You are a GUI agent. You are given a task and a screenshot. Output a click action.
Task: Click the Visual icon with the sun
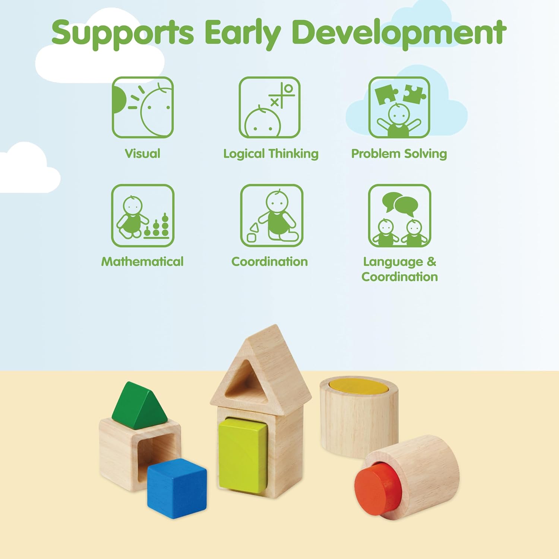click(x=143, y=107)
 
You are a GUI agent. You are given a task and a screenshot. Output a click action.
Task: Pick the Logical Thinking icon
click(x=269, y=107)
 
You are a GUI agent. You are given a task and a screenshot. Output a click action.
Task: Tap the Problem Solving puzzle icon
click(x=399, y=107)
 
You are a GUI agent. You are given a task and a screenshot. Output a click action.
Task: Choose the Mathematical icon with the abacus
click(x=143, y=215)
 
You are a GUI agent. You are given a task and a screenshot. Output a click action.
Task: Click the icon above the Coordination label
click(x=271, y=215)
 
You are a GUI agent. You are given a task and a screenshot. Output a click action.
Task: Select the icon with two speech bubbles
click(x=399, y=215)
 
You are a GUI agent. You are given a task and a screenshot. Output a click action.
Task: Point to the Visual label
click(x=142, y=154)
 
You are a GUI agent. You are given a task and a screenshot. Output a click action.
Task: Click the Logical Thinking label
click(x=271, y=154)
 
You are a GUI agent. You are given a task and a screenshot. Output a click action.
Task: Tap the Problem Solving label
click(x=399, y=154)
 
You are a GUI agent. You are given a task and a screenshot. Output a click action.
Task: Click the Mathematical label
click(x=142, y=262)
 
